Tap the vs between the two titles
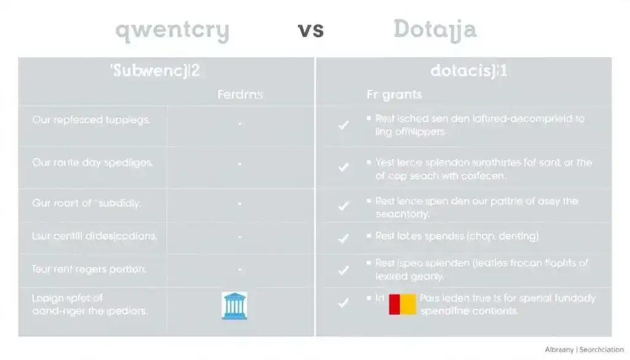click(x=311, y=29)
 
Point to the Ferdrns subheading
click(x=240, y=95)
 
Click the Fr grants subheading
click(x=394, y=95)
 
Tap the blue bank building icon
click(x=234, y=305)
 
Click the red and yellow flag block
click(x=402, y=304)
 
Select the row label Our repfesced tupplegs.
click(x=90, y=121)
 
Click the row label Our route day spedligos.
click(x=92, y=163)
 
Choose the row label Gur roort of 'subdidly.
click(x=86, y=203)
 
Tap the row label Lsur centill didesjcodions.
click(x=94, y=236)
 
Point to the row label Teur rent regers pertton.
click(x=89, y=269)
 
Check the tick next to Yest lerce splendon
click(x=343, y=167)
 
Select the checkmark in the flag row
click(x=343, y=303)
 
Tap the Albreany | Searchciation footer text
click(x=584, y=350)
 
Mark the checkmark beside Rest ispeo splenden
click(x=343, y=270)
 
